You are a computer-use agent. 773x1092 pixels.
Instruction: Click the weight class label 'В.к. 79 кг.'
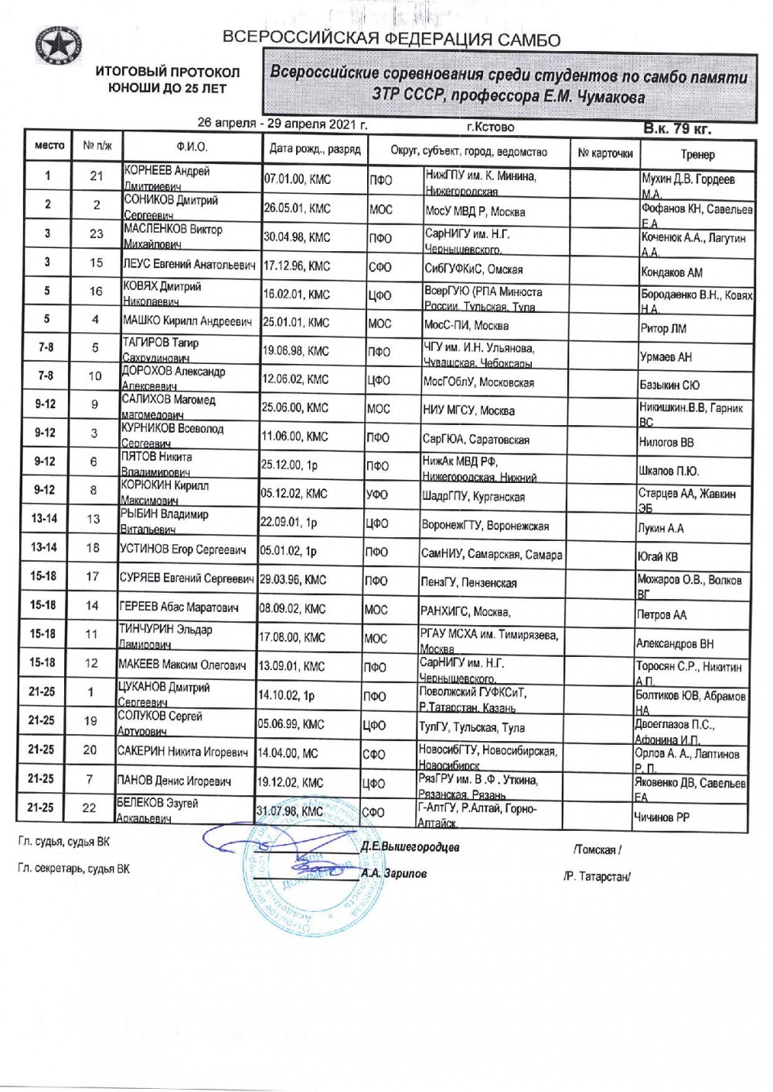(677, 128)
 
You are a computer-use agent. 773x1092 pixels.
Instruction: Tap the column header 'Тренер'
(697, 154)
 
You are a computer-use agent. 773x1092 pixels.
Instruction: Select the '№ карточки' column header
(604, 153)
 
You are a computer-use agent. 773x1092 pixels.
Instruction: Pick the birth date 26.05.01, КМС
(297, 209)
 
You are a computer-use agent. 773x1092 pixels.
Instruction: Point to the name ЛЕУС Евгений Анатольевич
(189, 265)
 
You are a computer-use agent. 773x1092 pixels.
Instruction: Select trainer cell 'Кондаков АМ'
(672, 272)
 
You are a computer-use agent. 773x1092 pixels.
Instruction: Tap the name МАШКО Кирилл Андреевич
(187, 321)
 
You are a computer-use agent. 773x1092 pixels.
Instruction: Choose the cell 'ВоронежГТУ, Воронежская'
(485, 526)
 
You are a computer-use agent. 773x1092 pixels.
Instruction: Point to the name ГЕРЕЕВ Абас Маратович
(178, 607)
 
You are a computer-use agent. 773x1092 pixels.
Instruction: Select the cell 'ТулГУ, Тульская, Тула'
(472, 727)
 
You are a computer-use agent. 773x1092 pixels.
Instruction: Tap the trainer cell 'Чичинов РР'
(661, 817)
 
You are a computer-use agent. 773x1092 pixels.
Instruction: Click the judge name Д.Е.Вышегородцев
(410, 847)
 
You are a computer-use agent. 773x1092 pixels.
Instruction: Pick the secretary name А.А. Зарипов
(394, 874)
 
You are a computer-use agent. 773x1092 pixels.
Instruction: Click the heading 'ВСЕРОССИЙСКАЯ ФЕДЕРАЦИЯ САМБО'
(392, 39)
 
